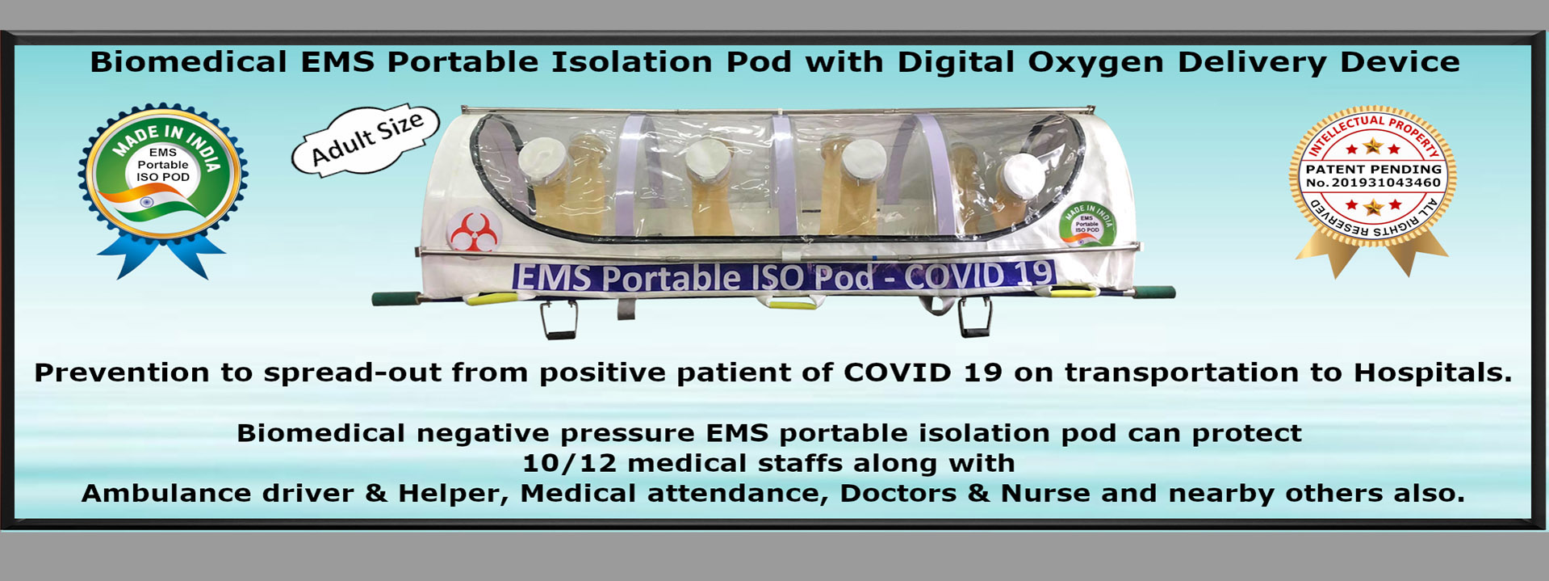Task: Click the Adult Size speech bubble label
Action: pyautogui.click(x=366, y=139)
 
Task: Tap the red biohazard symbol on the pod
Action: pyautogui.click(x=474, y=233)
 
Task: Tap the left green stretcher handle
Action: pyautogui.click(x=396, y=298)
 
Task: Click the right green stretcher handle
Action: pyautogui.click(x=1150, y=293)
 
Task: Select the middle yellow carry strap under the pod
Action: pyautogui.click(x=792, y=304)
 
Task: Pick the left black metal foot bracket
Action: pyautogui.click(x=558, y=320)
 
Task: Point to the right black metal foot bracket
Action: pyautogui.click(x=974, y=317)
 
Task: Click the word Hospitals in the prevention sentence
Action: pyautogui.click(x=1433, y=373)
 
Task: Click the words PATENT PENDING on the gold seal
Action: pyautogui.click(x=1374, y=169)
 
